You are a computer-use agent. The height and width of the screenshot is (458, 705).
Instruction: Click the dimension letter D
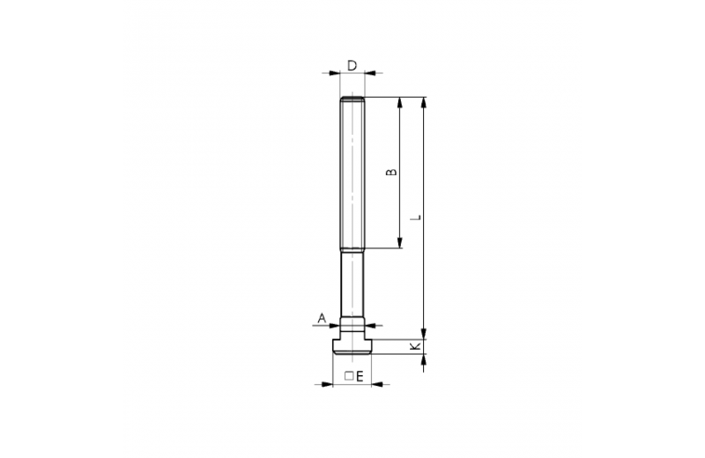tap(352, 66)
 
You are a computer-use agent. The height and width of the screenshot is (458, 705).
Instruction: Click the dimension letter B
tap(392, 172)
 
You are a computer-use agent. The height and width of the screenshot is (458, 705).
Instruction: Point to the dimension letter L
tap(417, 218)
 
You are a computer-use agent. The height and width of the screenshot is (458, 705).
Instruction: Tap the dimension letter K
tap(416, 346)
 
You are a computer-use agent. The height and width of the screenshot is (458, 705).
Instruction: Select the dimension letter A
tap(322, 319)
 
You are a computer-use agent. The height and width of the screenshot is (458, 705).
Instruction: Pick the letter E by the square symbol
tap(360, 377)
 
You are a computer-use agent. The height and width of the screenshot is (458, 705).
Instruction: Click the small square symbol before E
tap(349, 376)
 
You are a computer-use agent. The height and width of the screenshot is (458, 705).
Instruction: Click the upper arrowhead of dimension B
tap(400, 102)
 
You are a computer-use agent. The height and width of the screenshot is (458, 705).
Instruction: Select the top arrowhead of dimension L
tap(424, 102)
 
